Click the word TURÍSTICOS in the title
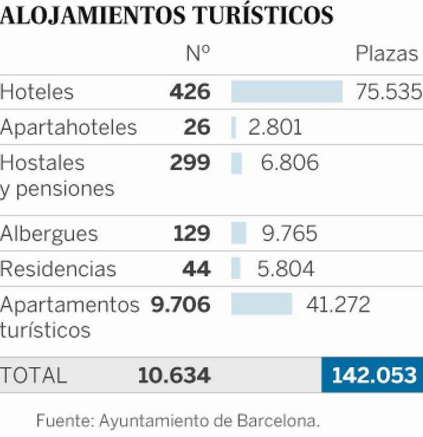click(x=263, y=15)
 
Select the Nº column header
click(x=198, y=53)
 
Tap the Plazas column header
click(x=387, y=54)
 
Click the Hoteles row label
click(x=37, y=92)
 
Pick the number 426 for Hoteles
click(x=190, y=92)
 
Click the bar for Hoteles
click(x=287, y=92)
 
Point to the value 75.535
click(x=389, y=92)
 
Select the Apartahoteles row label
click(x=68, y=127)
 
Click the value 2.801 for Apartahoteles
click(x=275, y=127)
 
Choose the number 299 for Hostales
click(x=190, y=162)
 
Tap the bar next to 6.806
click(x=236, y=163)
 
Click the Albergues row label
click(x=49, y=234)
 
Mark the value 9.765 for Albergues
click(x=290, y=233)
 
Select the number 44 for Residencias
click(x=196, y=269)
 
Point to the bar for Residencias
click(x=235, y=268)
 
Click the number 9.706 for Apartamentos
click(x=180, y=304)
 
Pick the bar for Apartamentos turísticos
click(x=262, y=304)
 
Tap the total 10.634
click(x=174, y=375)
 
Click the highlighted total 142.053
click(x=374, y=375)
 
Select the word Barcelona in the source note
click(x=278, y=420)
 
